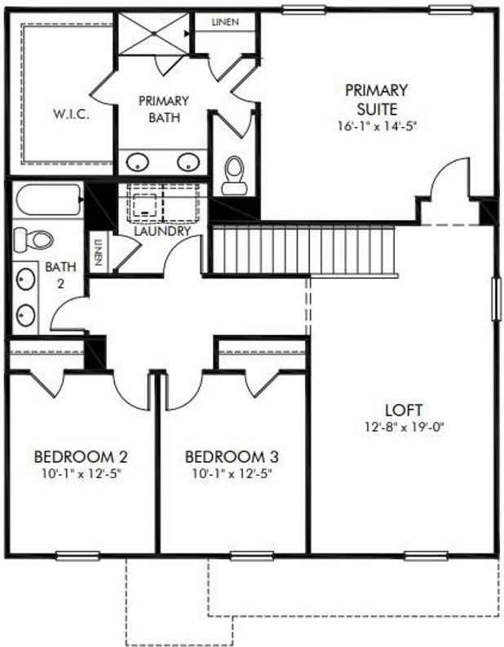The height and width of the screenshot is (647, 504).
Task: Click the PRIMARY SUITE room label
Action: tap(376, 98)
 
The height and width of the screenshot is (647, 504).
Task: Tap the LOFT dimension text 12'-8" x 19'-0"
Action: tap(405, 427)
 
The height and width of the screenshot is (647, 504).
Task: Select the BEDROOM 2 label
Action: tap(81, 456)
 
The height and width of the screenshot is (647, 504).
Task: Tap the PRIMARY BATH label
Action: tap(163, 109)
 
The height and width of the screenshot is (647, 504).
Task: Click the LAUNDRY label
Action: tap(163, 231)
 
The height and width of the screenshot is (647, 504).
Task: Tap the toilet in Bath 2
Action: tap(33, 239)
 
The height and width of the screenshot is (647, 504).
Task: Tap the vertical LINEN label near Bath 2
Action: tap(97, 250)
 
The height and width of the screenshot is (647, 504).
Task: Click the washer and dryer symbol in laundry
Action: tap(164, 205)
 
